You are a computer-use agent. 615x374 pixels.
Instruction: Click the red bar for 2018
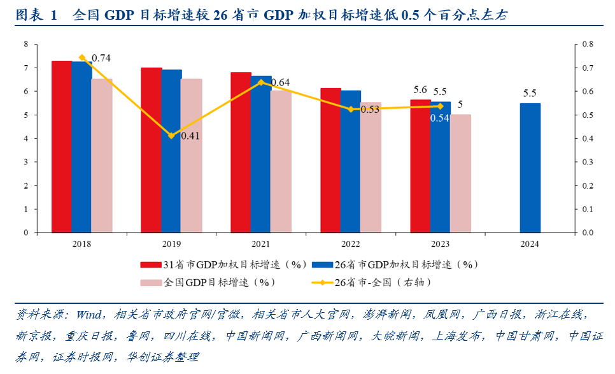coord(61,147)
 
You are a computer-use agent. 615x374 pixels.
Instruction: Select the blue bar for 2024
coord(530,168)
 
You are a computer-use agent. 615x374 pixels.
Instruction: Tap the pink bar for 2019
coord(192,155)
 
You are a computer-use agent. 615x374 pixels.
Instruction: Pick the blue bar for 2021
coord(261,154)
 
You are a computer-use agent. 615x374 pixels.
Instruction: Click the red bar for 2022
coord(330,160)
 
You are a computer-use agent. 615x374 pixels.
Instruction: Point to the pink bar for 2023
coord(461,173)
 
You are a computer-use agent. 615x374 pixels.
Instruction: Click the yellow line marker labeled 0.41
coord(171,136)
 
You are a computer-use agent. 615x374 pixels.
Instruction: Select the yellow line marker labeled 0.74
coord(81,58)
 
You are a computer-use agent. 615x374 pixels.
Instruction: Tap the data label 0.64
coord(280,83)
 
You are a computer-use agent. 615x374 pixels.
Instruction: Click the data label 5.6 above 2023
coord(419,90)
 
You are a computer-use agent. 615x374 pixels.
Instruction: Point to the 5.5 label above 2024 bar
coord(530,93)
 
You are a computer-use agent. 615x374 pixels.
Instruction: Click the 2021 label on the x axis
coord(260,244)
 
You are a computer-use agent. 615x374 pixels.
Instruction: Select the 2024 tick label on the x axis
coord(530,244)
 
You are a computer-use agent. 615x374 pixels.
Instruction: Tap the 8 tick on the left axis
coord(26,44)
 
